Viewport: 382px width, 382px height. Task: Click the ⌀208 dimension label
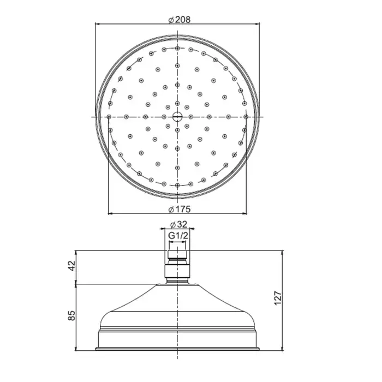[180, 20]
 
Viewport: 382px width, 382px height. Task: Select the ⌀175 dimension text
[180, 209]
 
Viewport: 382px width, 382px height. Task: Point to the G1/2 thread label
[178, 236]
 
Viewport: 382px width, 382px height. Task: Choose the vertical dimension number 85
[72, 315]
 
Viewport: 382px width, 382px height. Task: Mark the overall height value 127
[278, 298]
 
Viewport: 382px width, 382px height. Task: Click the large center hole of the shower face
[177, 117]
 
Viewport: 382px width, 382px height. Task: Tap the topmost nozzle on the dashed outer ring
[177, 48]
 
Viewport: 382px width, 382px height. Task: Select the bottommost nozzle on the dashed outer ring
[177, 186]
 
